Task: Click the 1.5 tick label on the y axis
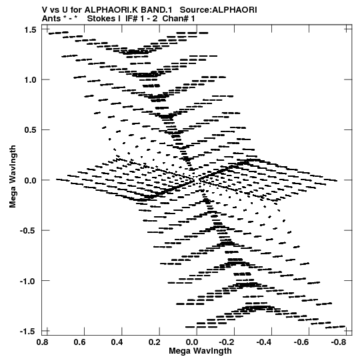(x=30, y=30)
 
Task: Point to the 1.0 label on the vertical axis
(x=30, y=80)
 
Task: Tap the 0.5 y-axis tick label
(x=30, y=130)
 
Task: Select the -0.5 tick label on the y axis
(x=28, y=230)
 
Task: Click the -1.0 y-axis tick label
(x=28, y=281)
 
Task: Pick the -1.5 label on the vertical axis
(x=28, y=331)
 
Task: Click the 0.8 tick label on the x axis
(x=42, y=342)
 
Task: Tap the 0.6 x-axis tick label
(x=79, y=342)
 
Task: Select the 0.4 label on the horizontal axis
(x=117, y=342)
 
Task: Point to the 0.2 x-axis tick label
(x=155, y=342)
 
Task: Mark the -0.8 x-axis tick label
(x=339, y=342)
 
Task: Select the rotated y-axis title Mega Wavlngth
(x=13, y=177)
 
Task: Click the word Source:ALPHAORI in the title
(x=218, y=10)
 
